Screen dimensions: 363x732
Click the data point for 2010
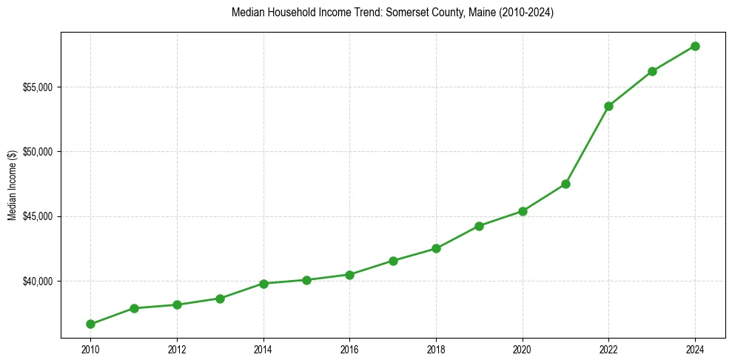[90, 324]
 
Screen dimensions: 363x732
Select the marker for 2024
[695, 46]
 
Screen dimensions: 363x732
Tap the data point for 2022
[608, 106]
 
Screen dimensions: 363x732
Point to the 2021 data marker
[565, 184]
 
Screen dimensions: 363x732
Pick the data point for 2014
[263, 284]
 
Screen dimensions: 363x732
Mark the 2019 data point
[479, 226]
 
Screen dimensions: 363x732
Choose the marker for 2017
[393, 261]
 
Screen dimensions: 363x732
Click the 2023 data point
[652, 71]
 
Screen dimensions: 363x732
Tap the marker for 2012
[177, 304]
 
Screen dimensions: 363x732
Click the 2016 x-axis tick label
[349, 349]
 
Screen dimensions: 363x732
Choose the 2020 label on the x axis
[523, 349]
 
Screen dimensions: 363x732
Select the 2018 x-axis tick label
[436, 349]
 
